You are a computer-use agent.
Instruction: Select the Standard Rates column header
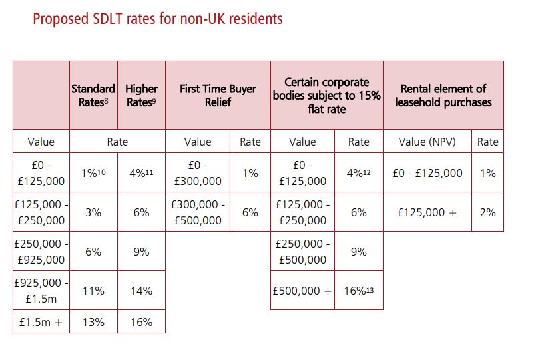tap(93, 95)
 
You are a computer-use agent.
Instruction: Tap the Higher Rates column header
tap(141, 95)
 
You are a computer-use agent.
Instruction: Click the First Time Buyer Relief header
tap(218, 95)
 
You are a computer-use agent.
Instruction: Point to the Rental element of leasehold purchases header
tap(443, 95)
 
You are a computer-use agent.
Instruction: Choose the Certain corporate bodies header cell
tap(326, 95)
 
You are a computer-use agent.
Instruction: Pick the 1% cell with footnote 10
tap(93, 173)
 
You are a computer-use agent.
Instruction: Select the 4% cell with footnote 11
tap(141, 173)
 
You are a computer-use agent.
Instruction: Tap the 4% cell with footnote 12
tap(358, 173)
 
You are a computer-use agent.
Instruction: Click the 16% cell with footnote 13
tap(358, 290)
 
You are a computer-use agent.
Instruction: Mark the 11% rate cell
tap(93, 290)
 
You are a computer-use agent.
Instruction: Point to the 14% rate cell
tap(141, 290)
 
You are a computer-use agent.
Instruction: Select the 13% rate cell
tap(93, 322)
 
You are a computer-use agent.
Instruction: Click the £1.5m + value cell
tap(41, 322)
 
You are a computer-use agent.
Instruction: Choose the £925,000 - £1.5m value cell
tap(41, 290)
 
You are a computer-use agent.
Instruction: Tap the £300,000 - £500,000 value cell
tap(197, 212)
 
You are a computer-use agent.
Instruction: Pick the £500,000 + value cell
tap(302, 290)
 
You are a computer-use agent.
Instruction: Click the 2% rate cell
tap(487, 212)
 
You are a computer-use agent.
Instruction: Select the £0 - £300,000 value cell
tap(197, 173)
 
